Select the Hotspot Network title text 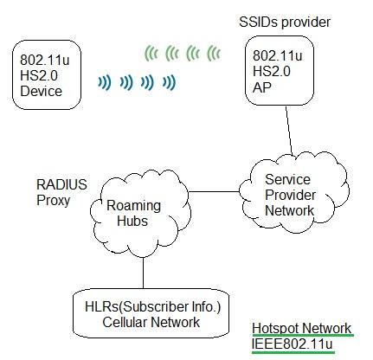(x=302, y=328)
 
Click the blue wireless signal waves (x=138, y=83)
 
